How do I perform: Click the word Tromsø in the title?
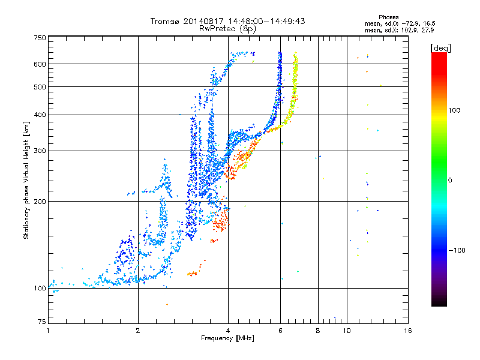(164, 21)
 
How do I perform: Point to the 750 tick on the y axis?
(40, 38)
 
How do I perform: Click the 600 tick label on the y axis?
(40, 64)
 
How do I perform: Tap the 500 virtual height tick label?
(40, 86)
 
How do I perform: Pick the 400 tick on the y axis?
(40, 115)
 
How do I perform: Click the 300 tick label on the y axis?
(40, 151)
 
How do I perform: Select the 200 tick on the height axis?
(40, 201)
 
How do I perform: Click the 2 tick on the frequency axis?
(138, 330)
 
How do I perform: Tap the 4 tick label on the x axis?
(228, 330)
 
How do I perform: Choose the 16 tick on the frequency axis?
(408, 330)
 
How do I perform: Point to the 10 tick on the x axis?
(347, 330)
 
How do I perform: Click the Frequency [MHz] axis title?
(228, 338)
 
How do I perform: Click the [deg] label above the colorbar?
(441, 47)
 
